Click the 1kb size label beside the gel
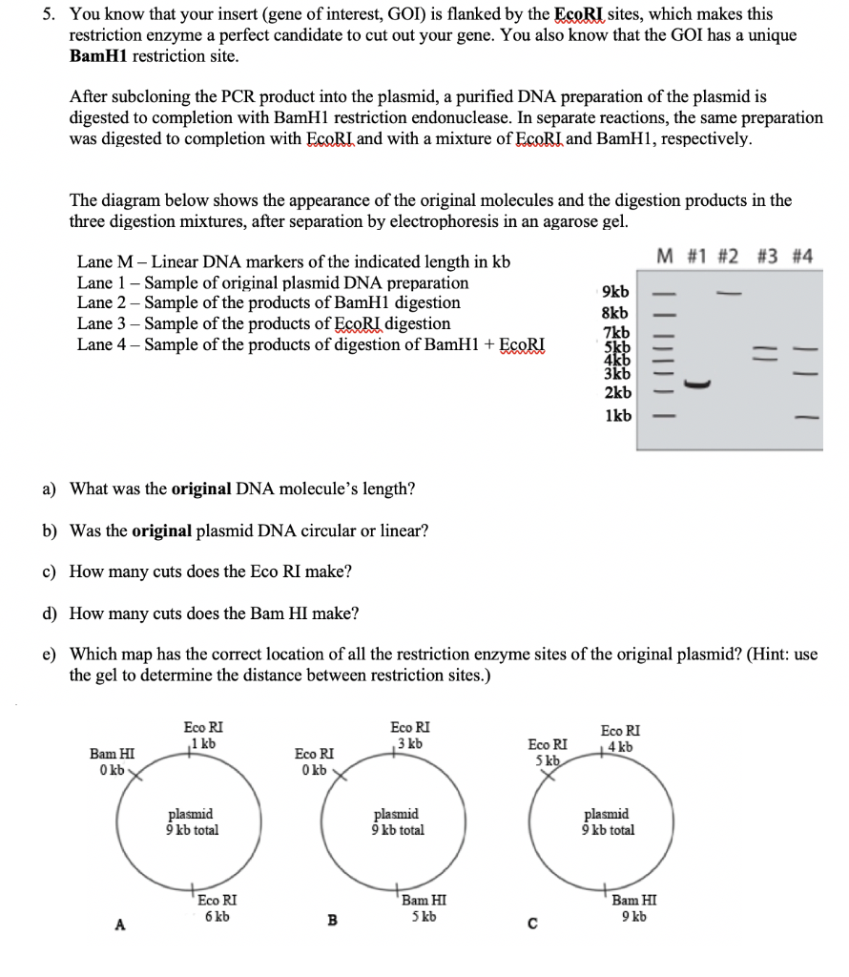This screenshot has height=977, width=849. click(x=617, y=416)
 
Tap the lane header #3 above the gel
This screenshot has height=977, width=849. click(x=768, y=258)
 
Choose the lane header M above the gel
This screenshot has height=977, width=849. click(x=667, y=258)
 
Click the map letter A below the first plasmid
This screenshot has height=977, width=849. click(x=119, y=924)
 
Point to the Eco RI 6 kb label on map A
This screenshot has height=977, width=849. click(x=217, y=907)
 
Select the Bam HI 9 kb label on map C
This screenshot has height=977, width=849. click(x=633, y=907)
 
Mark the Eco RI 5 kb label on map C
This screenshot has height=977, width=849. click(x=549, y=752)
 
